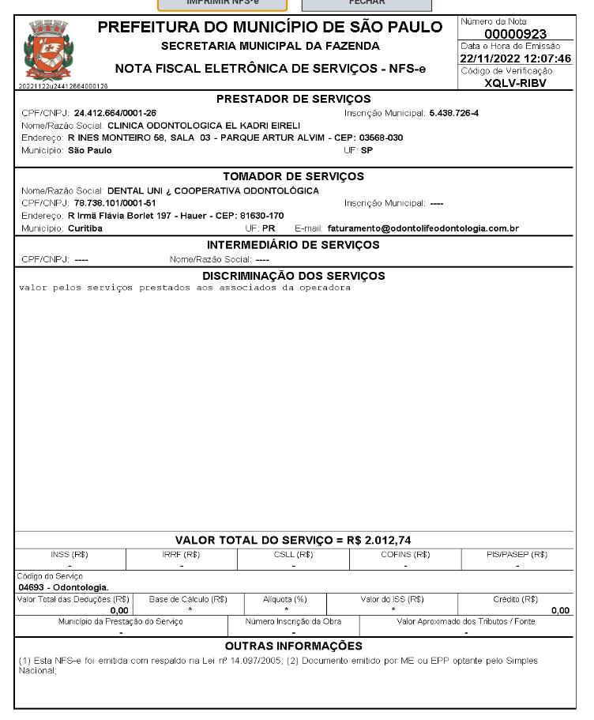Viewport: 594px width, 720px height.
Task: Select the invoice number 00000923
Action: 515,34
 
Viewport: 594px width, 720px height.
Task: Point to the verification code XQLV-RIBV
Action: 515,83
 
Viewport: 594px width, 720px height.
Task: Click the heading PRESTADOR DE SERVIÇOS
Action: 293,100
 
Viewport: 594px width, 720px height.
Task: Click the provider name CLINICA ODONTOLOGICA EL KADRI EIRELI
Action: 204,125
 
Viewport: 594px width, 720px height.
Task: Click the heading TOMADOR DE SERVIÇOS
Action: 293,176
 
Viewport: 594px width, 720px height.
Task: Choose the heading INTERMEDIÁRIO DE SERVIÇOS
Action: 293,245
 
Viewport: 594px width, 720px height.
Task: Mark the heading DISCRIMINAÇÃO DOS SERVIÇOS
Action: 293,276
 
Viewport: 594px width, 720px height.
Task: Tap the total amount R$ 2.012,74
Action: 378,541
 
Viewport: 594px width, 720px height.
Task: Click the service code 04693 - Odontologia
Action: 63,587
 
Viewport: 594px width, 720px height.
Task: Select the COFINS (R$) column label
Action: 405,554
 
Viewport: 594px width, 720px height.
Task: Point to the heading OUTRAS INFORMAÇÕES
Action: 293,646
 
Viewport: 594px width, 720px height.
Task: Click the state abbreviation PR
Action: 269,228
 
